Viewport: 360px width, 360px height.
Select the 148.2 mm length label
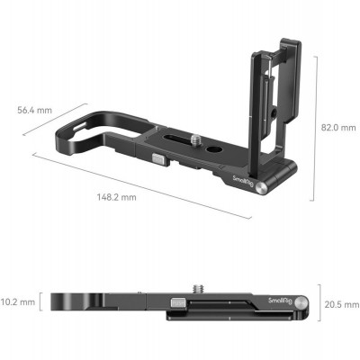(x=117, y=196)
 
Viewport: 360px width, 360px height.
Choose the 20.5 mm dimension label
(x=339, y=305)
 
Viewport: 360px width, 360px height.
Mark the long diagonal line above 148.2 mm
(x=144, y=184)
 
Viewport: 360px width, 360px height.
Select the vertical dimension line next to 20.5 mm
(x=316, y=304)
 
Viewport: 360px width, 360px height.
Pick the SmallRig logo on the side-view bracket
(x=281, y=298)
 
